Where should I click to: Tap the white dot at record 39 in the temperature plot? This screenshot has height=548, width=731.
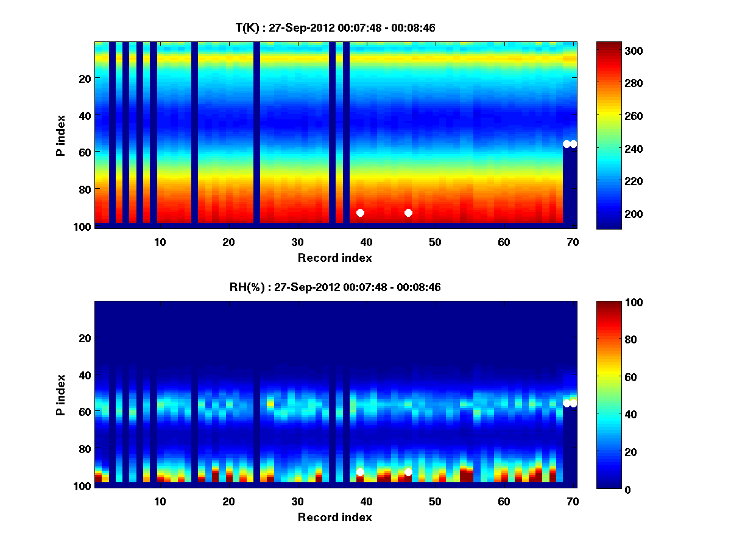point(360,213)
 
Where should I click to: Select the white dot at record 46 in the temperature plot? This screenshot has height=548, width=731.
point(408,213)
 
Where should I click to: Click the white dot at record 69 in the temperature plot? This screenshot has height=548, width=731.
point(567,144)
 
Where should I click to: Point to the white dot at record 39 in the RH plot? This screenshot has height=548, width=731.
point(360,472)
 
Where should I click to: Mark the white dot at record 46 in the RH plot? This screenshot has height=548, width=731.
point(408,472)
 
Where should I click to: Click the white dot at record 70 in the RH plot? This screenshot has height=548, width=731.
point(573,403)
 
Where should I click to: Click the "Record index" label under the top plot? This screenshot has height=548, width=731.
point(334,258)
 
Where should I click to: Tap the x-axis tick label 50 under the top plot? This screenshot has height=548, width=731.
point(435,242)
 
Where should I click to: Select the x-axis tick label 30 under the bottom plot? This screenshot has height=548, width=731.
point(297,501)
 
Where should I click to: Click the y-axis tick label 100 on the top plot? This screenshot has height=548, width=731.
point(83,227)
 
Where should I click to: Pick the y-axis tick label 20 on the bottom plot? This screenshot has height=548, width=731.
point(85,338)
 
